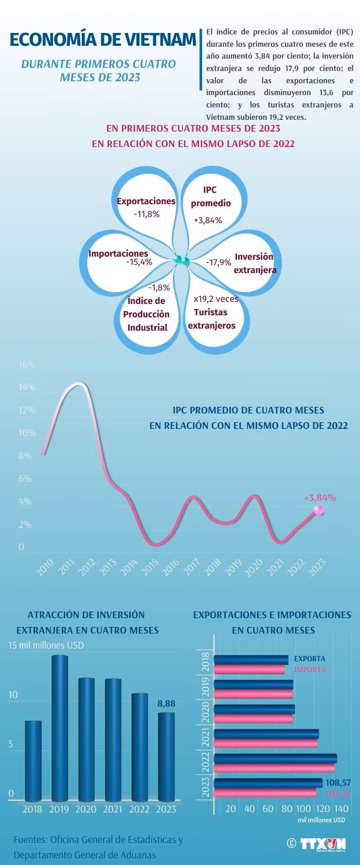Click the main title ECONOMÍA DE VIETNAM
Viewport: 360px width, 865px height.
click(x=103, y=40)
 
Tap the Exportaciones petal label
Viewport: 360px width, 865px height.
click(x=146, y=201)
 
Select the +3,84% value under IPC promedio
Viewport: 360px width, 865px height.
click(x=208, y=220)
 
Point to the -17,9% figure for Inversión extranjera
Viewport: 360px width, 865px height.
click(x=219, y=262)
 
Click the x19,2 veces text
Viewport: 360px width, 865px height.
click(x=216, y=299)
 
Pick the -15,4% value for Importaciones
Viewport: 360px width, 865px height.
click(x=139, y=262)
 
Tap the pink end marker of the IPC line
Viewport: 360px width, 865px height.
click(x=319, y=510)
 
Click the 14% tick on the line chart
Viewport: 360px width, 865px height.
click(x=27, y=387)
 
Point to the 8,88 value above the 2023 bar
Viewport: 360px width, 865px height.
click(x=167, y=704)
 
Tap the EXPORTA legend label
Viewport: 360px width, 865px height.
click(x=310, y=659)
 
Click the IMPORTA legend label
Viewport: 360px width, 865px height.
click(x=310, y=670)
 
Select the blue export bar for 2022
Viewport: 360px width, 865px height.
click(x=275, y=758)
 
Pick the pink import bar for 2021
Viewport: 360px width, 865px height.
click(x=265, y=743)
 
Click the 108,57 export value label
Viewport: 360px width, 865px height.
click(x=338, y=782)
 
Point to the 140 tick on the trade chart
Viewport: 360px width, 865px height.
click(x=341, y=809)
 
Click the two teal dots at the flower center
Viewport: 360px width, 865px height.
click(x=182, y=260)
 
